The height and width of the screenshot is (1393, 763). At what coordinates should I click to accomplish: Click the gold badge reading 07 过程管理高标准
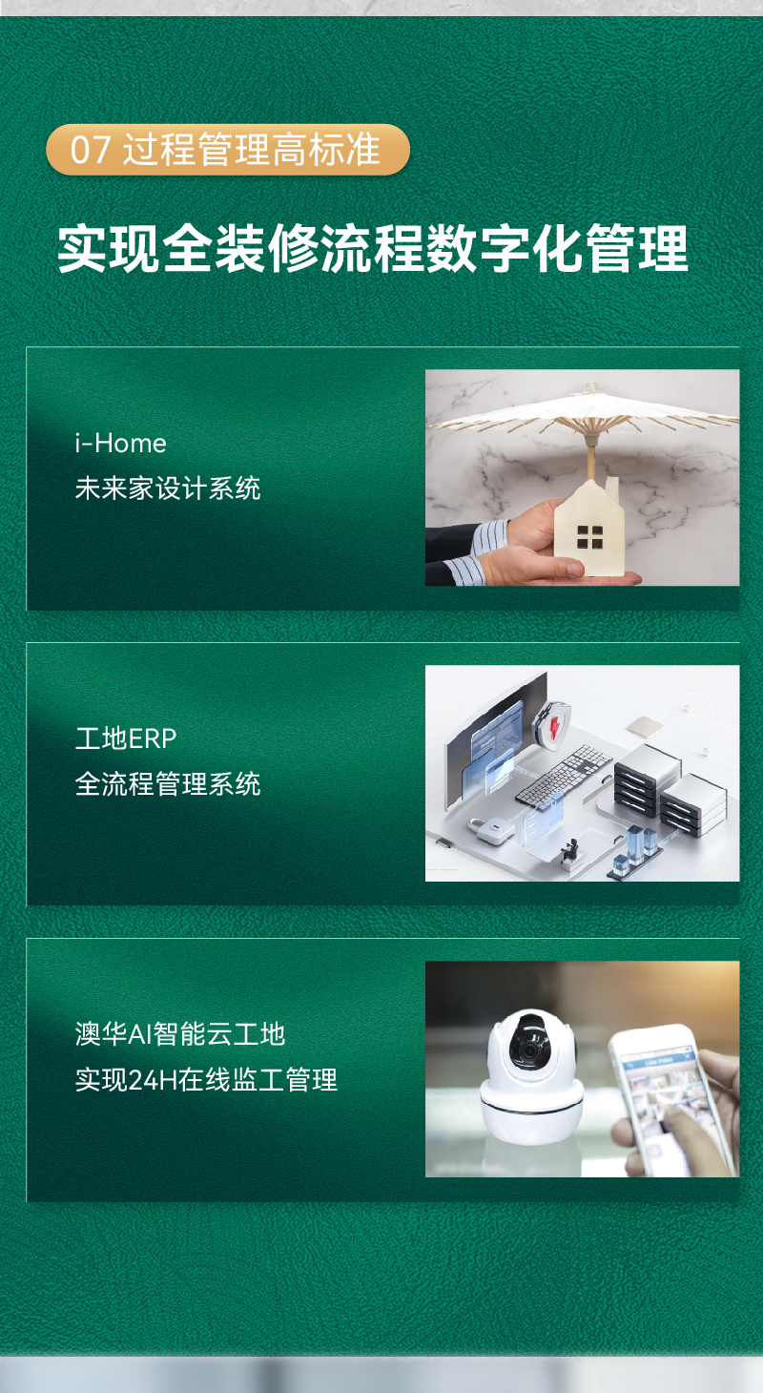pyautogui.click(x=228, y=150)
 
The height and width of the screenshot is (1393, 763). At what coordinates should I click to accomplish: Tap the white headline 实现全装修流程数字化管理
pyautogui.click(x=373, y=249)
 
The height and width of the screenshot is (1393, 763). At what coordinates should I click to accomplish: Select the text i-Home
pyautogui.click(x=120, y=444)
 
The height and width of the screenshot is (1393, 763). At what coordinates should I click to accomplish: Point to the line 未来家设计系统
pyautogui.click(x=168, y=489)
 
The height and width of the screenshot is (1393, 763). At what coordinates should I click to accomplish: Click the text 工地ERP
pyautogui.click(x=126, y=738)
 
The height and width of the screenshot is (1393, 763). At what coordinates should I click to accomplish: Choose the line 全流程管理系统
pyautogui.click(x=168, y=783)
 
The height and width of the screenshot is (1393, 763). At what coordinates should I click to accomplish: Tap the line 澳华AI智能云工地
pyautogui.click(x=180, y=1034)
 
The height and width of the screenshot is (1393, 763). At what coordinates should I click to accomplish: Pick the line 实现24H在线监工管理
pyautogui.click(x=206, y=1080)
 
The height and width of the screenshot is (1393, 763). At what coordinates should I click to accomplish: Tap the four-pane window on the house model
pyautogui.click(x=589, y=537)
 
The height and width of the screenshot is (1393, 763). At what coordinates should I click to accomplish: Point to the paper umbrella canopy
pyautogui.click(x=585, y=409)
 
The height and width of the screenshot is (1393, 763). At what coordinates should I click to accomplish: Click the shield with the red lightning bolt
pyautogui.click(x=551, y=722)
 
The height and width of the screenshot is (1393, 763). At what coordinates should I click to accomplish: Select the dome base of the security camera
pyautogui.click(x=531, y=1113)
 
